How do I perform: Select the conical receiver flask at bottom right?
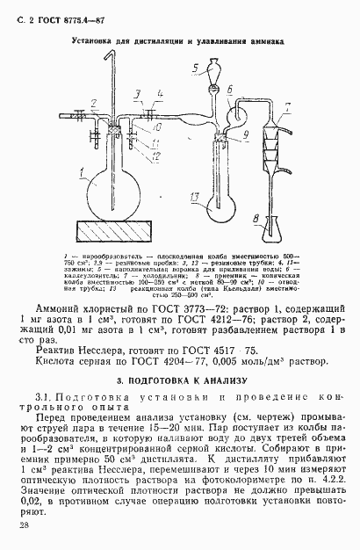point(271,225)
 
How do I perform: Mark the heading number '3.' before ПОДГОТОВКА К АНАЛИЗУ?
point(119,380)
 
